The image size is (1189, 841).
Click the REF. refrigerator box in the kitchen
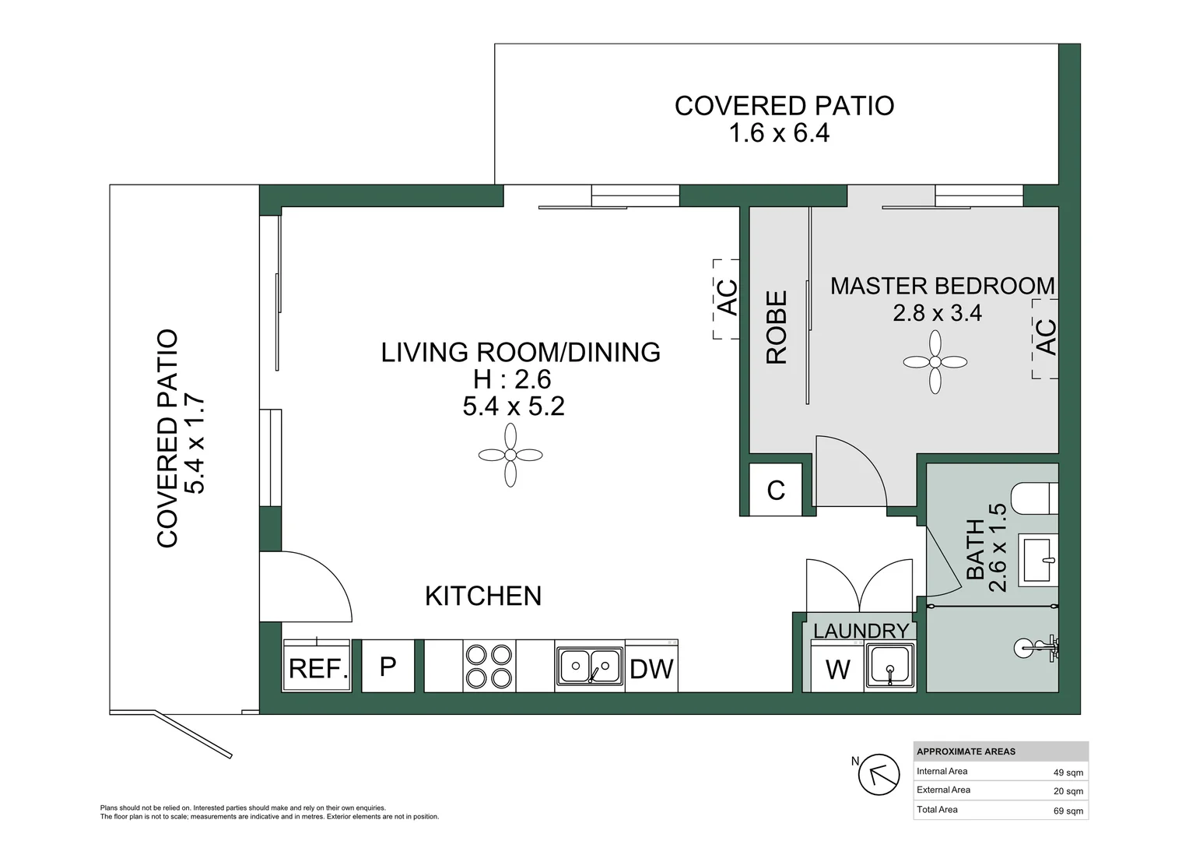click(317, 666)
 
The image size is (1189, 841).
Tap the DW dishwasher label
click(651, 670)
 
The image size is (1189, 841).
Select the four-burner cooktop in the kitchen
click(489, 667)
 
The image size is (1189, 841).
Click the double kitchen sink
click(590, 667)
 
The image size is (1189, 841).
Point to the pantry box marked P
click(388, 666)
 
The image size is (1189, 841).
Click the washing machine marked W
click(837, 667)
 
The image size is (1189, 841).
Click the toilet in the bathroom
click(1034, 498)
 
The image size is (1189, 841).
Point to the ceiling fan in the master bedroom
click(935, 362)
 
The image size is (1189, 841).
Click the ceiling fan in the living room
click(510, 455)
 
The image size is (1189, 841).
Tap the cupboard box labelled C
click(776, 489)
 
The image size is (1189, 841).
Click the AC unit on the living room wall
click(726, 299)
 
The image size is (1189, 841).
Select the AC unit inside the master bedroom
click(1045, 339)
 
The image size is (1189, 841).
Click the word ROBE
click(776, 327)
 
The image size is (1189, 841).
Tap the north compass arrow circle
click(879, 775)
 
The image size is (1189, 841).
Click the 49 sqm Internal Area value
click(1068, 772)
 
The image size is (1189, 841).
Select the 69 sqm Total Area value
click(1068, 811)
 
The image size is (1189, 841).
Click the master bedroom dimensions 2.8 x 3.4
click(937, 312)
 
